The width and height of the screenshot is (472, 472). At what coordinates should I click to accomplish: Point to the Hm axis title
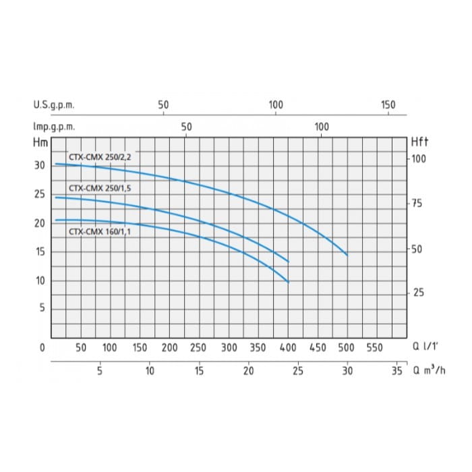tap(40, 142)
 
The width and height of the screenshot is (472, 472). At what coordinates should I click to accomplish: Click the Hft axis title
tap(419, 142)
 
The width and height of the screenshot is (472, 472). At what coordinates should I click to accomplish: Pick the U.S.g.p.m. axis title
tap(53, 105)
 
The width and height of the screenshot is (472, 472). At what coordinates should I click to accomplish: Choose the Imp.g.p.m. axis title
tap(53, 127)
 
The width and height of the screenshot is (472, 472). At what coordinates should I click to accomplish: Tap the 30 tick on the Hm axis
tap(40, 165)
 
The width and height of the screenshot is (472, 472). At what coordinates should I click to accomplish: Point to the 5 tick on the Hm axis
tap(42, 308)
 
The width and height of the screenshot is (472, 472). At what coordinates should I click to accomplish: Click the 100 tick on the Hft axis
tap(419, 158)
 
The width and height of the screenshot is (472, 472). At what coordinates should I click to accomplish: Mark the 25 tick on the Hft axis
tap(418, 293)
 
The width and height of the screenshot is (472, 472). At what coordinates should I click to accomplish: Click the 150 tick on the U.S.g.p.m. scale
tap(388, 105)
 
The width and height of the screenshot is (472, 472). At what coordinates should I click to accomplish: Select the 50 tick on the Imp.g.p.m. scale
tap(187, 127)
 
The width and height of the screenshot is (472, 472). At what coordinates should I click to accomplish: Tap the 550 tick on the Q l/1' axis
tap(376, 348)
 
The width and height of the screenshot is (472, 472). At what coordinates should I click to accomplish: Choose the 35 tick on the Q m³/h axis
tap(397, 370)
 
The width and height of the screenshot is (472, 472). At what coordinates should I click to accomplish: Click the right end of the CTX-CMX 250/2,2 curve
tap(347, 255)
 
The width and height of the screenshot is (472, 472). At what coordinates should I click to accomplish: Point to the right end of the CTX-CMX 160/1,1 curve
tap(288, 282)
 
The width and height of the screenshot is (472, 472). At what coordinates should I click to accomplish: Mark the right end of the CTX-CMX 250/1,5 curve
tap(289, 262)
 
